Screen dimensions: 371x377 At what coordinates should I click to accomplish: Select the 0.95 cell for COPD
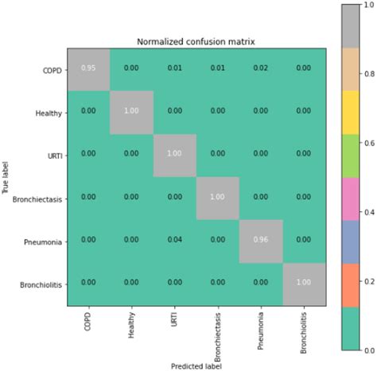pyautogui.click(x=87, y=69)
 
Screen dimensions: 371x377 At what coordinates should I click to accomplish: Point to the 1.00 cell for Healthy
pyautogui.click(x=131, y=112)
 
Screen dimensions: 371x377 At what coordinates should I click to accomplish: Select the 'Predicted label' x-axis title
pyautogui.click(x=196, y=365)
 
